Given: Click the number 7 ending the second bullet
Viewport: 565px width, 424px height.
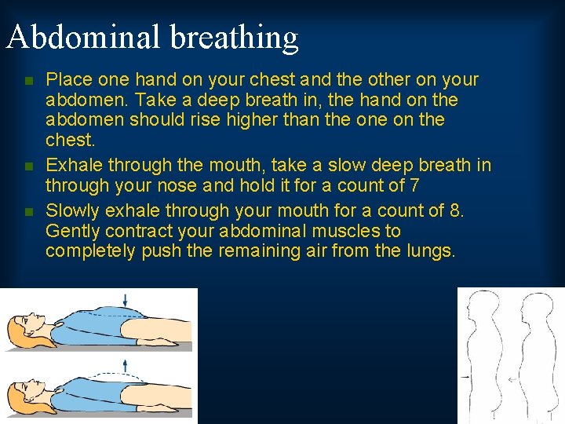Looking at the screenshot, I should (414, 186).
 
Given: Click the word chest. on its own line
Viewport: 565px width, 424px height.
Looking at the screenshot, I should (70, 141).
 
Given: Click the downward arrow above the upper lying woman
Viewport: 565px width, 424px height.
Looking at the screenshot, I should (125, 298).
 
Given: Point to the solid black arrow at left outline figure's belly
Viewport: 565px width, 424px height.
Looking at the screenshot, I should (468, 378).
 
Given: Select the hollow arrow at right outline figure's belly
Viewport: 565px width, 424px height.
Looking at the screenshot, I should (511, 379).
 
